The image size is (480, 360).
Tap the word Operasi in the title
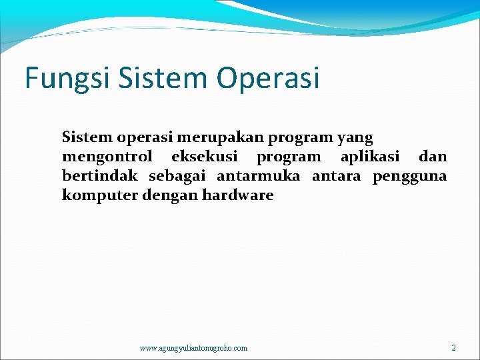click(268, 78)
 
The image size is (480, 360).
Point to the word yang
click(356, 138)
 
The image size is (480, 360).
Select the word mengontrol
click(107, 157)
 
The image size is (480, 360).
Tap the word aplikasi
click(370, 157)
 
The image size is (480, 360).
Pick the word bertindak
click(99, 176)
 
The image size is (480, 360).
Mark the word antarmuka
click(258, 176)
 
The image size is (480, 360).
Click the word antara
click(336, 176)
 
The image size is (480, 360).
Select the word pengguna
click(409, 177)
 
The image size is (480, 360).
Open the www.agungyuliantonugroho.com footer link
click(193, 348)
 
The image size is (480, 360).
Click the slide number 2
click(453, 347)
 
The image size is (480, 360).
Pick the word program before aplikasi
click(289, 158)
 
